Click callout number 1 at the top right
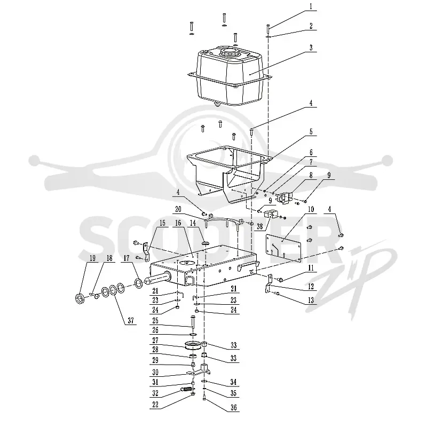pyautogui.click(x=311, y=6)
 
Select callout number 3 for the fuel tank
pyautogui.click(x=311, y=48)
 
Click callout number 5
pyautogui.click(x=311, y=132)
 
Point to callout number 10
pyautogui.click(x=311, y=209)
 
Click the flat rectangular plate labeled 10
pyautogui.click(x=283, y=248)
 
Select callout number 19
pyautogui.click(x=92, y=258)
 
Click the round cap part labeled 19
pyautogui.click(x=79, y=298)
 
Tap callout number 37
pyautogui.click(x=131, y=321)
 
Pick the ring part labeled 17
pyautogui.click(x=139, y=283)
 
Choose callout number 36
pyautogui.click(x=234, y=407)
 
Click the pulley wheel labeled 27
pyautogui.click(x=194, y=345)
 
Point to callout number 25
pyautogui.click(x=155, y=320)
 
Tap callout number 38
pyautogui.click(x=260, y=226)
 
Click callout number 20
pyautogui.click(x=178, y=209)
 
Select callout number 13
pyautogui.click(x=311, y=300)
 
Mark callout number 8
pyautogui.click(x=311, y=175)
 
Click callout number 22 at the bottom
pyautogui.click(x=155, y=405)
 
